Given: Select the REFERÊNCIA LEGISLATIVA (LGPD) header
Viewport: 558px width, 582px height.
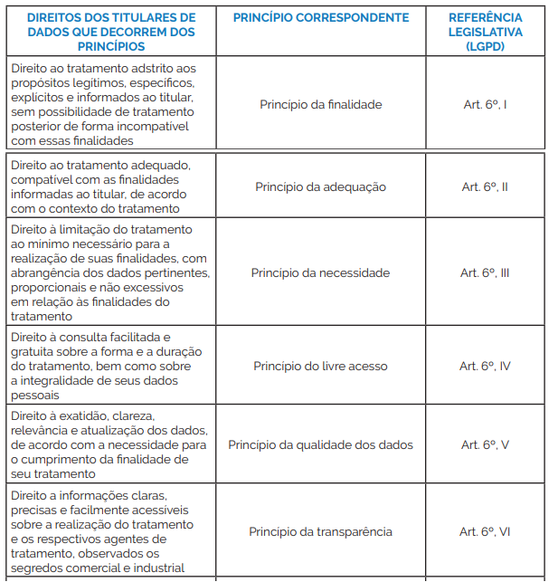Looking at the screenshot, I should (x=485, y=32).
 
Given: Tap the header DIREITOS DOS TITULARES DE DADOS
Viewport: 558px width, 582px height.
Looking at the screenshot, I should (x=110, y=32).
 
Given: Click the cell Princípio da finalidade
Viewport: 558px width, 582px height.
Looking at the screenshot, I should (x=320, y=104).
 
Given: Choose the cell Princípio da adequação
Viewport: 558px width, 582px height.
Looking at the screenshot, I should (x=320, y=186).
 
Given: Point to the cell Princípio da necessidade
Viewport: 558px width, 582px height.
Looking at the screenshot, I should (x=320, y=272).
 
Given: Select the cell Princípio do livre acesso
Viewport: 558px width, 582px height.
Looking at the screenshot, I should (x=320, y=366).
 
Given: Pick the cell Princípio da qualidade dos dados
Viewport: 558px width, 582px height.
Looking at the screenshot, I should (x=320, y=444).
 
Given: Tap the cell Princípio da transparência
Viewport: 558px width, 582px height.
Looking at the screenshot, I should (x=320, y=531).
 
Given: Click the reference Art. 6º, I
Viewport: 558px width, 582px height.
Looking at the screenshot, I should (x=485, y=104).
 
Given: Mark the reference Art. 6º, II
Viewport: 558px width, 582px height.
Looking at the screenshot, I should (x=485, y=186).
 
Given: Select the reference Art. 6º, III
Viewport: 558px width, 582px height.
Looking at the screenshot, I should (x=485, y=272).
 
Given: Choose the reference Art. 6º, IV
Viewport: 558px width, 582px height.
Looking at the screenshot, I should (x=485, y=366).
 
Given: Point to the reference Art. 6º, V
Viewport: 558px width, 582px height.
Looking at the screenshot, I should (x=485, y=444).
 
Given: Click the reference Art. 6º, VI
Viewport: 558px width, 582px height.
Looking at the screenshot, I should (x=485, y=531).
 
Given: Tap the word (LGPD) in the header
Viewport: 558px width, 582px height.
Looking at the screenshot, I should (x=486, y=46).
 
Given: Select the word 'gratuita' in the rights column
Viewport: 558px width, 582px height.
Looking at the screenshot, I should (x=37, y=351).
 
